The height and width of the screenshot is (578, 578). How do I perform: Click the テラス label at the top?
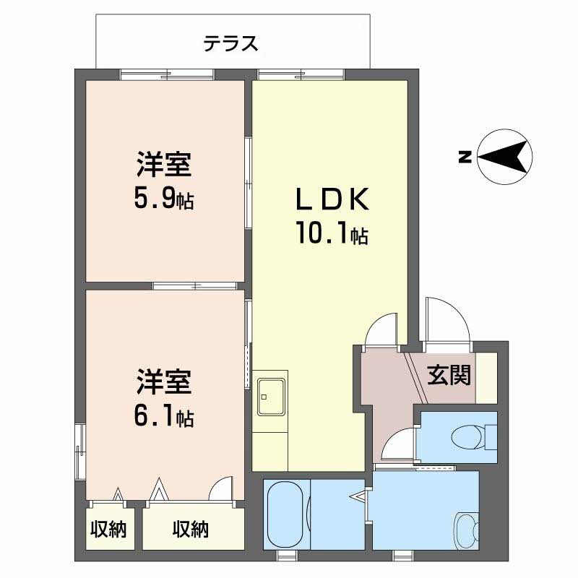pyautogui.click(x=230, y=45)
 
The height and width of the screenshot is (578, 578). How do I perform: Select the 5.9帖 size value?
pyautogui.click(x=163, y=198)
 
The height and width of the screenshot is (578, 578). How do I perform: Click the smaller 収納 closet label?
pyautogui.click(x=108, y=530)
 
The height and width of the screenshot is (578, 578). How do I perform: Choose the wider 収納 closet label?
pyautogui.click(x=191, y=530)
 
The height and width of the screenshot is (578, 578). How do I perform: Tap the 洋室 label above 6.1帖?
pyautogui.click(x=163, y=381)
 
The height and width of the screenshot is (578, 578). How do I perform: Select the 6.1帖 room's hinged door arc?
pyautogui.click(x=221, y=488)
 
